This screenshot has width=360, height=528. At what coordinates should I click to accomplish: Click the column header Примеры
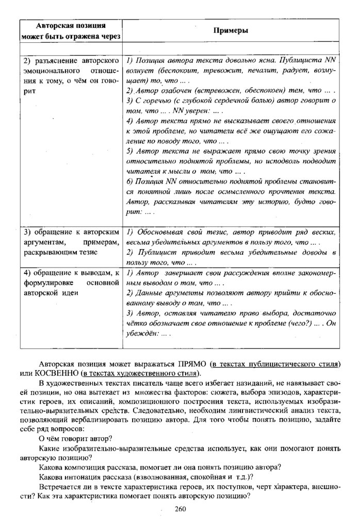coord(231,30)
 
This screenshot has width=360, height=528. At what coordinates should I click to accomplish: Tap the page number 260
coord(179,509)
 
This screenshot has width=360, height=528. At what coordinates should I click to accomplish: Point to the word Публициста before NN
coord(296,60)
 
